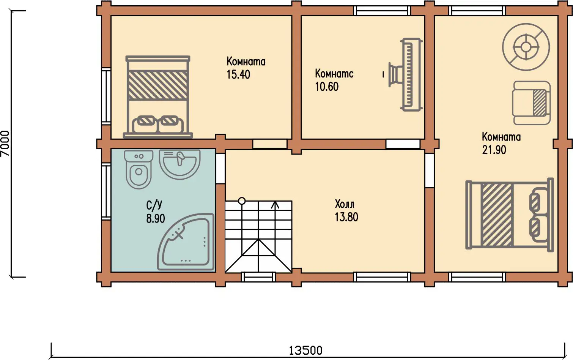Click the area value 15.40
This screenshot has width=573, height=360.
[x=238, y=74]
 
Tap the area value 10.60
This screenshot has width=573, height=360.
[x=327, y=87]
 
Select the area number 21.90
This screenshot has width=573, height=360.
[x=494, y=150]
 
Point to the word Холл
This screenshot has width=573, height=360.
[x=345, y=204]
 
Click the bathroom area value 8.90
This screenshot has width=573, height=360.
[x=156, y=219]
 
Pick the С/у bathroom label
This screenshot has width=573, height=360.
[x=154, y=205]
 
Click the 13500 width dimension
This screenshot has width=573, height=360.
[x=306, y=351]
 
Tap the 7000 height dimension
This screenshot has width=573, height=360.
[x=5, y=144]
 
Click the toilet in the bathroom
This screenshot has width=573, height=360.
[x=139, y=169]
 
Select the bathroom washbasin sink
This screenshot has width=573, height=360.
[x=179, y=164]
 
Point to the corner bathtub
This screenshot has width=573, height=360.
[x=186, y=242]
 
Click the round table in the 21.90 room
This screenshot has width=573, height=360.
[x=526, y=47]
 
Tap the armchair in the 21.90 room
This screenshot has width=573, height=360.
[x=531, y=103]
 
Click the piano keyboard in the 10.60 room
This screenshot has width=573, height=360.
[x=411, y=75]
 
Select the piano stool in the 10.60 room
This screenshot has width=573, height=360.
[x=393, y=74]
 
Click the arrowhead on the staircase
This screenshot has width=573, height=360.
[x=275, y=204]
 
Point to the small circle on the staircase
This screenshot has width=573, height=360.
[x=242, y=201]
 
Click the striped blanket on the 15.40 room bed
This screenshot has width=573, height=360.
[x=157, y=85]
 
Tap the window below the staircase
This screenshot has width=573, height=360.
[x=258, y=277]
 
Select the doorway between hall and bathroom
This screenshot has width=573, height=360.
[x=220, y=168]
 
